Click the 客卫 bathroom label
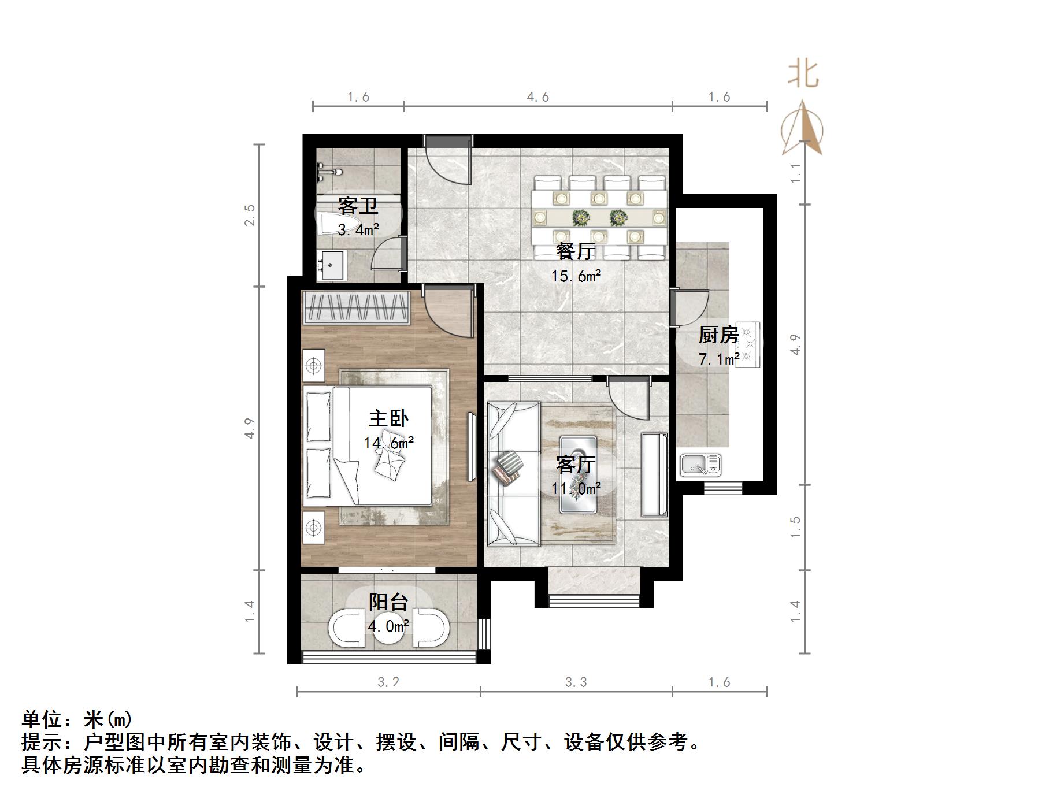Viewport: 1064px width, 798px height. [x=358, y=206]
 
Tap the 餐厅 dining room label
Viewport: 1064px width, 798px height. [x=576, y=252]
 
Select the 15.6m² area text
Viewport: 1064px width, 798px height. [x=576, y=276]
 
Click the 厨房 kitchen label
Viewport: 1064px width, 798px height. [x=718, y=335]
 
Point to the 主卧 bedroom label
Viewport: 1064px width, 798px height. [x=388, y=418]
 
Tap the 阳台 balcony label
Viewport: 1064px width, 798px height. [x=388, y=602]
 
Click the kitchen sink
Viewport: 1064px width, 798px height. [x=700, y=465]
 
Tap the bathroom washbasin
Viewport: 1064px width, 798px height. [x=330, y=265]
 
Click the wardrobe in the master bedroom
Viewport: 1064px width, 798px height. [x=357, y=307]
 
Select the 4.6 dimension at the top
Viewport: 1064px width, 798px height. [x=537, y=97]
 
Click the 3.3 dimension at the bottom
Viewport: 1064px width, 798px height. [x=576, y=682]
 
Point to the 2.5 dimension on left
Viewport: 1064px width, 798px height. [x=250, y=215]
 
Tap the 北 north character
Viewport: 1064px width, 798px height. [x=803, y=75]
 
